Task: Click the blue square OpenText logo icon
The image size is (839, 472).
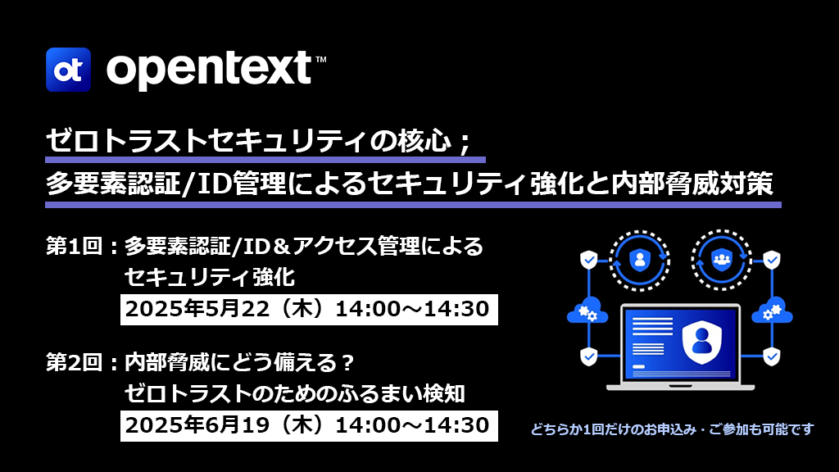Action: click(x=68, y=70)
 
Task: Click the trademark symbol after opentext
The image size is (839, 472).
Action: click(x=321, y=59)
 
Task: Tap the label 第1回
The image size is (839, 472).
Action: click(x=74, y=247)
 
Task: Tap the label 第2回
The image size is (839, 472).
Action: click(x=74, y=363)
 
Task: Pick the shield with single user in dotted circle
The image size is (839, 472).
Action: click(x=640, y=260)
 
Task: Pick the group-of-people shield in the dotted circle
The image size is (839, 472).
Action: click(x=721, y=260)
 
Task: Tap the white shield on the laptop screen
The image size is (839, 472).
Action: click(x=701, y=342)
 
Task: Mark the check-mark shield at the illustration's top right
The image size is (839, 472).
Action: click(x=772, y=260)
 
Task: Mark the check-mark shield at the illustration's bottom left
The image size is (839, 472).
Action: click(x=589, y=356)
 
